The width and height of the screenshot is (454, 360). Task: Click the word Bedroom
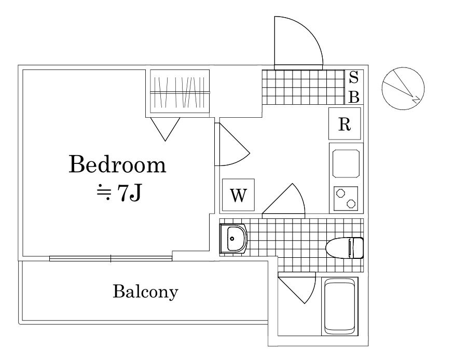[118, 164]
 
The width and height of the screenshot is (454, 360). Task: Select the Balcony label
[145, 292]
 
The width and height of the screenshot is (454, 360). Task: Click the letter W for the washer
[238, 196]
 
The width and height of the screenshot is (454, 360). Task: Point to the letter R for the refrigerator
[345, 124]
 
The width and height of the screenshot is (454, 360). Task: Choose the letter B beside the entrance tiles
[354, 97]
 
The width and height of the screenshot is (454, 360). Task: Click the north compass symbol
[403, 89]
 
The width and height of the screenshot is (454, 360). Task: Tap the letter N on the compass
[416, 99]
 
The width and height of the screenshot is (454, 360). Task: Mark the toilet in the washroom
[345, 248]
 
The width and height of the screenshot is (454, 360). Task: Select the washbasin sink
[233, 239]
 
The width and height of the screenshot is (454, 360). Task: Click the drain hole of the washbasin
[231, 239]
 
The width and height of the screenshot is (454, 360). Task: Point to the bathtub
[340, 306]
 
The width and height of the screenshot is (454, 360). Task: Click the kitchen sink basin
[346, 163]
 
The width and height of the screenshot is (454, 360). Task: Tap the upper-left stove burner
[339, 193]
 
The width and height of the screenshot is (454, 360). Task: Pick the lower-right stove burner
[351, 203]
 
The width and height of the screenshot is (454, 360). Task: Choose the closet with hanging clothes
[180, 91]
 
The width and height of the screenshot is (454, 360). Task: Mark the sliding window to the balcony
[111, 258]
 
